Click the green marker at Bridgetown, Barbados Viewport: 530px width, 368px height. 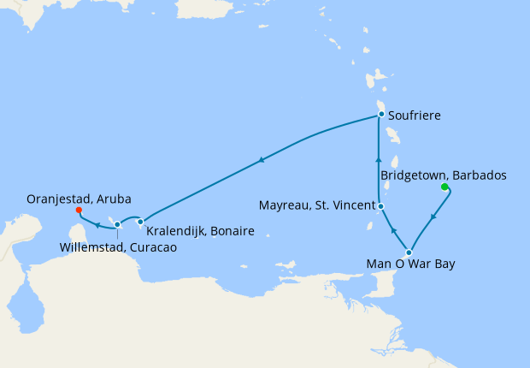444,187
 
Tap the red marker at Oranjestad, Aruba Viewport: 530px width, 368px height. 78,210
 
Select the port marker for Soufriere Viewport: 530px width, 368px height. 381,115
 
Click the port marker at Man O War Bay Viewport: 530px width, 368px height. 409,252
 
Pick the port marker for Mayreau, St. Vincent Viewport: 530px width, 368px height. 380,206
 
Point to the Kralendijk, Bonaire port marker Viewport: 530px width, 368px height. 141,222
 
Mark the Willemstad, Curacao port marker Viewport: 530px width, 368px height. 117,225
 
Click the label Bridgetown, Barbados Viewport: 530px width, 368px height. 443,175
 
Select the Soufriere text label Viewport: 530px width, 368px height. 414,115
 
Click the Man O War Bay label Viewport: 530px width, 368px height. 411,264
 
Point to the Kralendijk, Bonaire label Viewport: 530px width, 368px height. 199,231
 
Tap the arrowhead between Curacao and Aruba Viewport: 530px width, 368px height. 97,226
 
